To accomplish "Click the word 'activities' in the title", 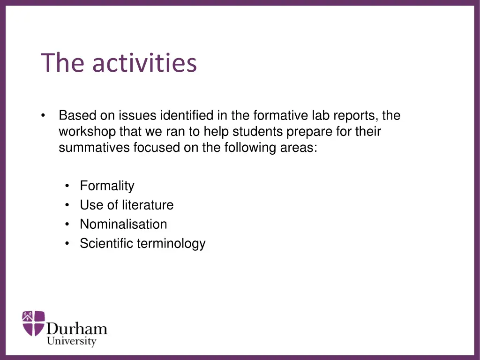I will click(x=144, y=63).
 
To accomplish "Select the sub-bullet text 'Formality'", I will click(x=107, y=186).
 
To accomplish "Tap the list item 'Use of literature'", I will click(x=127, y=205).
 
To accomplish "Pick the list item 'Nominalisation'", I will click(x=123, y=225).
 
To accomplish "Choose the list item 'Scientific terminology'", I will click(x=142, y=244).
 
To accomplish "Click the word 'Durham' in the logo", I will click(x=77, y=328).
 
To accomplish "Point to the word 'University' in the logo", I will click(x=71, y=341).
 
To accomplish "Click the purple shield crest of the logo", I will click(x=33, y=323).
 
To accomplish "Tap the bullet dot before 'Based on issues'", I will click(x=43, y=116).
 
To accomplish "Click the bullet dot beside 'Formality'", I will click(x=68, y=187).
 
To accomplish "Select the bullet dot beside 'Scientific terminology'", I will click(x=68, y=244).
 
